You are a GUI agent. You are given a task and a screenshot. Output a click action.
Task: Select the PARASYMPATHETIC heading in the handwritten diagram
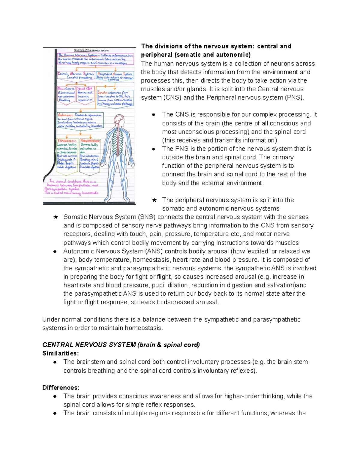click(x=90, y=140)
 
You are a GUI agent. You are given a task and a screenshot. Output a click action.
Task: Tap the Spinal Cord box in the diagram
click(x=85, y=95)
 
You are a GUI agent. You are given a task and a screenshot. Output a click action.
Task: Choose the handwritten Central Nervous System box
click(x=76, y=75)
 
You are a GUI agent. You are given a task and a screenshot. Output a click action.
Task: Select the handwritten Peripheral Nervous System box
click(x=115, y=76)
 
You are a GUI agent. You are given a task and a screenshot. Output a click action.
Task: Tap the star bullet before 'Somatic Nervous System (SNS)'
click(x=55, y=217)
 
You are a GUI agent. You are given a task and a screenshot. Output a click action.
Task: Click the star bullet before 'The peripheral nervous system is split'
click(x=154, y=200)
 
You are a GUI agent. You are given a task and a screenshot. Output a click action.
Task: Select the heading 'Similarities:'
click(x=61, y=353)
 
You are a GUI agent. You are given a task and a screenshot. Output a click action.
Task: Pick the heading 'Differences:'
click(x=61, y=387)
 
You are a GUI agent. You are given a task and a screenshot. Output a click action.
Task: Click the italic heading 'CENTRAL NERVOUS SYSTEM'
click(x=89, y=345)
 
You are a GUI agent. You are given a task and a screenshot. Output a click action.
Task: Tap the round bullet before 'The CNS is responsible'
click(x=154, y=115)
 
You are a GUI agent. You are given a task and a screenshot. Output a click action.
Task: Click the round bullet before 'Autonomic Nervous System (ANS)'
click(x=55, y=251)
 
